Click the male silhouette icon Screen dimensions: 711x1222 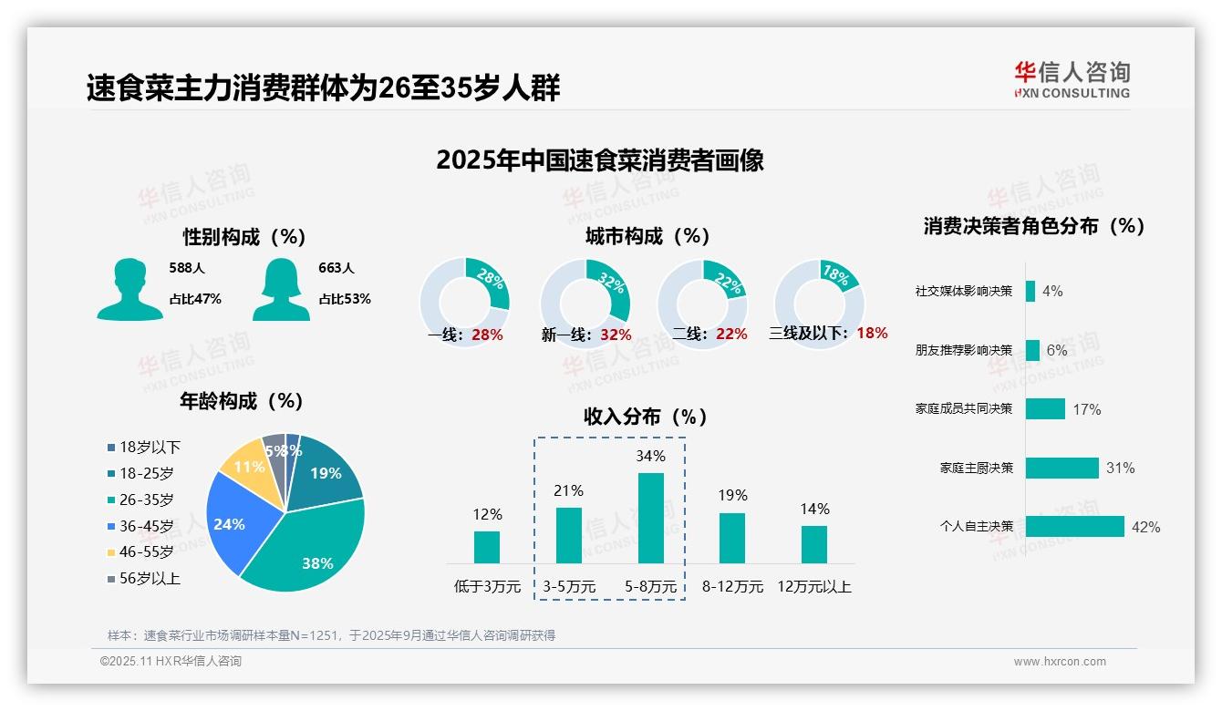tap(129, 289)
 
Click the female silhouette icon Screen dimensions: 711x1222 tap(281, 289)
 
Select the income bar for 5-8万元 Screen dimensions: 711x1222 tap(650, 518)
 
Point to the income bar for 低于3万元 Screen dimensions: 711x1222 tap(487, 547)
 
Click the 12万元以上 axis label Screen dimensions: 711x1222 tap(813, 587)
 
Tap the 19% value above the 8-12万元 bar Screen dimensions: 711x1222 tap(732, 495)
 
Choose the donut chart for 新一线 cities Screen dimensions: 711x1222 tap(585, 303)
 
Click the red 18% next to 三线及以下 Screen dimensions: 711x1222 tap(872, 334)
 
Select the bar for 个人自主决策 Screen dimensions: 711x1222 tap(1074, 527)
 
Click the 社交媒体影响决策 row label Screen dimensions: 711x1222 tap(964, 292)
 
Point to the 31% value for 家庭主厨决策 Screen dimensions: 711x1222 tap(1120, 469)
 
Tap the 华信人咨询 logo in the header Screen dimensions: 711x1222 tap(1072, 79)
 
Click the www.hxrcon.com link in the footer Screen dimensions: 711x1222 tap(1060, 662)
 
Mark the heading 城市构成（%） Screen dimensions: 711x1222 tap(647, 236)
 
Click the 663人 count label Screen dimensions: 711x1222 tap(337, 268)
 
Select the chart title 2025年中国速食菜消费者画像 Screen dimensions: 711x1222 tap(599, 160)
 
